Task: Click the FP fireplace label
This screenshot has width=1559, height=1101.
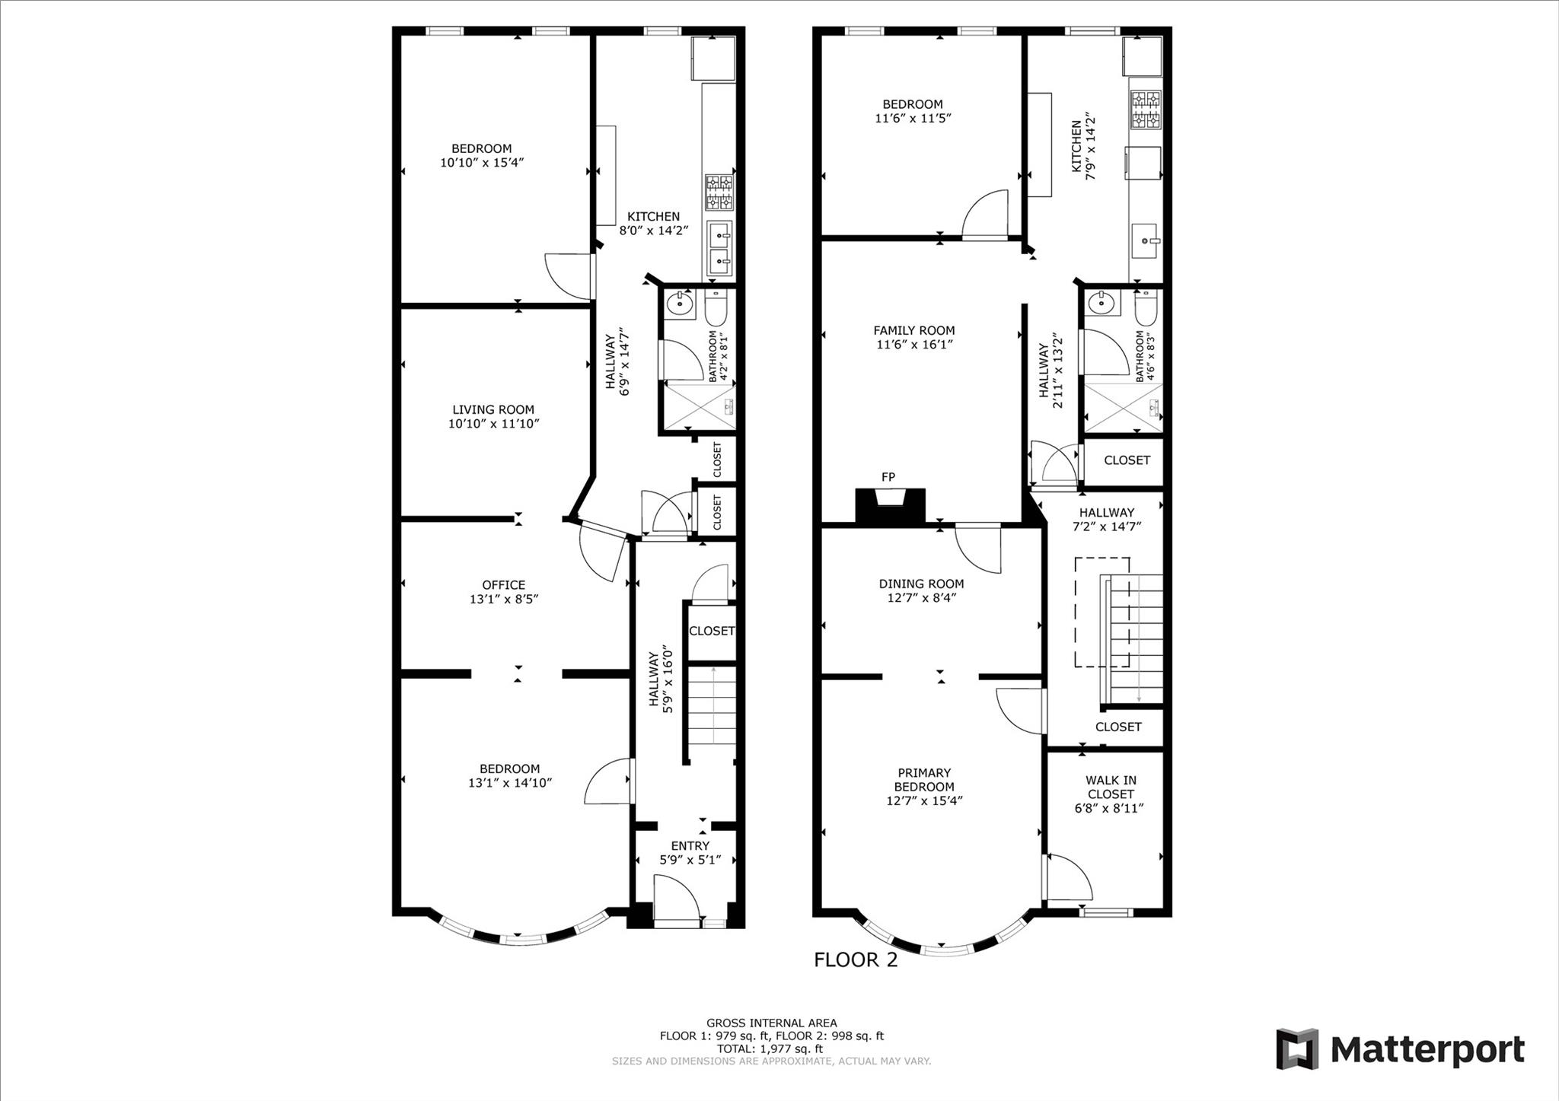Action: [x=888, y=477]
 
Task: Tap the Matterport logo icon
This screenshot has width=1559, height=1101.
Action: [x=1296, y=1049]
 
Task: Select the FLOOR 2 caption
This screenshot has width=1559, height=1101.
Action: [x=856, y=959]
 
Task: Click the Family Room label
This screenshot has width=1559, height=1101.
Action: [x=913, y=330]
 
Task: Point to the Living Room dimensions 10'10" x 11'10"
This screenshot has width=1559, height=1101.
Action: [x=493, y=424]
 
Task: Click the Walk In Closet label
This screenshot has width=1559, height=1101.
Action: [x=1111, y=787]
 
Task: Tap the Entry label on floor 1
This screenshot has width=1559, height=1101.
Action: [x=690, y=845]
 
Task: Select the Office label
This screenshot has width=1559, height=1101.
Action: [x=503, y=584]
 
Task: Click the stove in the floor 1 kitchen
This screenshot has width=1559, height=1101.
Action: [x=719, y=193]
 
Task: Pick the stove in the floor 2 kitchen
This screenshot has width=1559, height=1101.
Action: [x=1146, y=109]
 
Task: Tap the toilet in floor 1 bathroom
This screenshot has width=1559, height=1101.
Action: [x=716, y=308]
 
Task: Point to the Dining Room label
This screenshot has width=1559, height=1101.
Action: [x=921, y=584]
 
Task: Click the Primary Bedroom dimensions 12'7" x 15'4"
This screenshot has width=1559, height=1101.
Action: [x=924, y=800]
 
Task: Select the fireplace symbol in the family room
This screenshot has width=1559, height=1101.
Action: [x=890, y=505]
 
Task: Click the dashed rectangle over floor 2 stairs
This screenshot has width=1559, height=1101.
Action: [x=1102, y=612]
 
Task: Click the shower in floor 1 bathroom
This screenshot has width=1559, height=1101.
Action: [x=699, y=406]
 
